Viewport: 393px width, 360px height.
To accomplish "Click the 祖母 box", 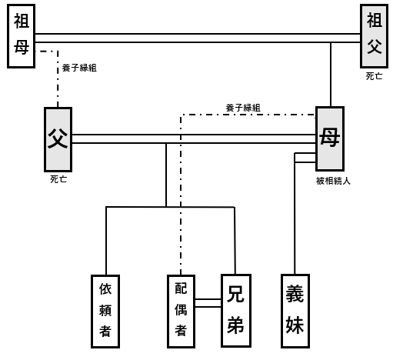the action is tap(21, 36).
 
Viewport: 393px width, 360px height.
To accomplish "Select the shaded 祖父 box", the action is tap(374, 36).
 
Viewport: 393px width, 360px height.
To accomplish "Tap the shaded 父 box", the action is tap(58, 139).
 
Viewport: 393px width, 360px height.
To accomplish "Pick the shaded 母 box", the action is tap(330, 138).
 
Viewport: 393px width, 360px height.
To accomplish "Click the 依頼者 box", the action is tap(105, 312).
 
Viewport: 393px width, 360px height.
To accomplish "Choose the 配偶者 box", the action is tap(181, 312).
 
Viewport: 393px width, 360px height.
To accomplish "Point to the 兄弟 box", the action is tap(236, 311).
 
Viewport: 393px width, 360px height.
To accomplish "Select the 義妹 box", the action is tap(295, 311).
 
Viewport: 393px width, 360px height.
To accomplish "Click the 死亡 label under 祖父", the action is tap(374, 76).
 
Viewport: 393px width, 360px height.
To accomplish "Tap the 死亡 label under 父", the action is tap(58, 179).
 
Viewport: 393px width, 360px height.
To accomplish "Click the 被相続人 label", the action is tap(333, 181).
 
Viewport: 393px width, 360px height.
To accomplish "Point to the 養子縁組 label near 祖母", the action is tap(79, 68).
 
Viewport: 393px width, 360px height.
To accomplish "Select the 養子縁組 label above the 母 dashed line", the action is tap(243, 108).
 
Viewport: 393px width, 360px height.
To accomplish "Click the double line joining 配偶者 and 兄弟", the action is tap(208, 303).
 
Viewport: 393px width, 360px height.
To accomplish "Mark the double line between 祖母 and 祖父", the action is tap(198, 38).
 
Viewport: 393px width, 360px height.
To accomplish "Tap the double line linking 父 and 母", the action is tap(194, 138).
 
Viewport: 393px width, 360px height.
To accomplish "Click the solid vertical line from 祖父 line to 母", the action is tap(331, 75).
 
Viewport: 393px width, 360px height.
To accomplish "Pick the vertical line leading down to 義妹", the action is tap(295, 214).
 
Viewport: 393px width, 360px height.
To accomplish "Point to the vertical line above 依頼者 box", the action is tap(106, 241).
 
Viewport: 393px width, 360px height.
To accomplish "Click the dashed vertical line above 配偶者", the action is tap(181, 195).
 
